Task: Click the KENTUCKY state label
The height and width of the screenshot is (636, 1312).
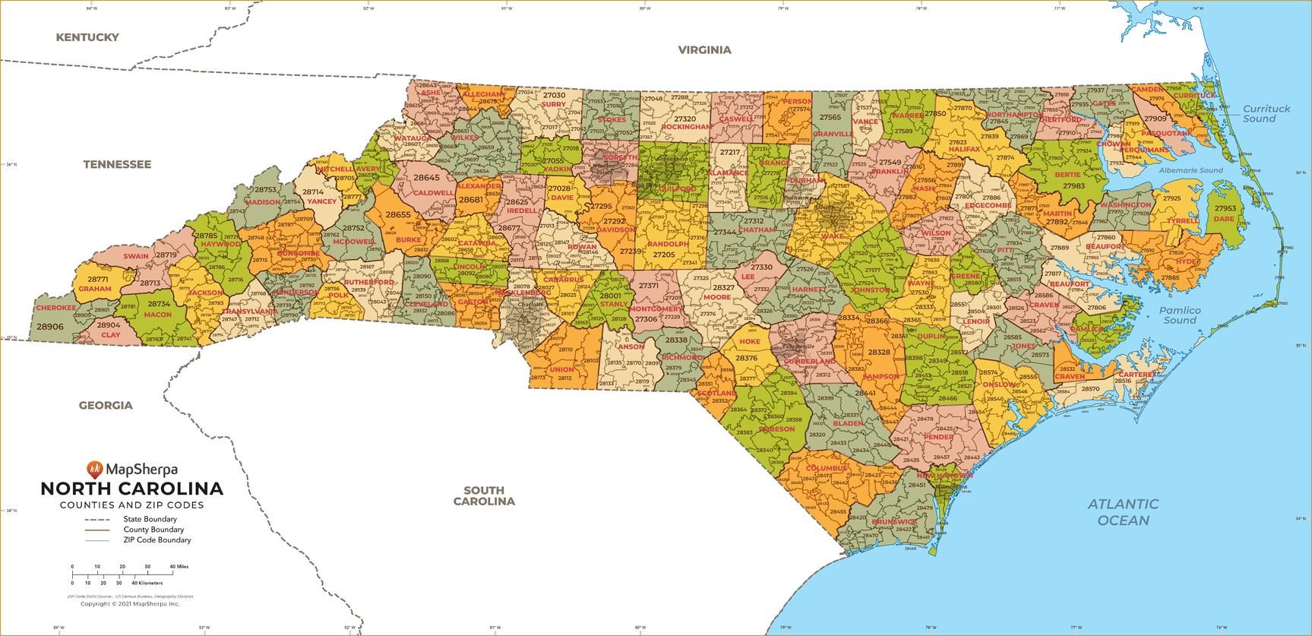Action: pyautogui.click(x=87, y=37)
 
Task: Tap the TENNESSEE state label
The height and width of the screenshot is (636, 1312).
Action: pyautogui.click(x=117, y=164)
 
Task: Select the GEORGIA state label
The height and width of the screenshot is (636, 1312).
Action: pyautogui.click(x=106, y=405)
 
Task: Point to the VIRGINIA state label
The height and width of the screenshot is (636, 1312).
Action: pyautogui.click(x=704, y=50)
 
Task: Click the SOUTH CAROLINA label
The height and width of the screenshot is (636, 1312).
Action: pyautogui.click(x=484, y=495)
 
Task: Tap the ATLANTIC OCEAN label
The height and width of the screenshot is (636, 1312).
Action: pyautogui.click(x=1123, y=511)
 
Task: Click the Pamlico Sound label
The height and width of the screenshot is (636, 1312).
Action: pyautogui.click(x=1180, y=315)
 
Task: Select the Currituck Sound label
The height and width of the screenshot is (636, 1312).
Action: pyautogui.click(x=1266, y=113)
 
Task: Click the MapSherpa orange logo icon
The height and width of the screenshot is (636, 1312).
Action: pyautogui.click(x=95, y=469)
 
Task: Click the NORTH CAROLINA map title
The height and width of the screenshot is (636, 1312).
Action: pyautogui.click(x=131, y=488)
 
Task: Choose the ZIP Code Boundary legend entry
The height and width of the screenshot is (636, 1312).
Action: pyautogui.click(x=156, y=540)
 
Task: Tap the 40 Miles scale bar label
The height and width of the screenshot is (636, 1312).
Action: pyautogui.click(x=179, y=567)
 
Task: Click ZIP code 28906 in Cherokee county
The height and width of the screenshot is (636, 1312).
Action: pyautogui.click(x=49, y=326)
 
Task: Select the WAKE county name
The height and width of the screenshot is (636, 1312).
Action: pyautogui.click(x=832, y=236)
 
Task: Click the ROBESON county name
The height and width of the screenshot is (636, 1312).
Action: pyautogui.click(x=776, y=429)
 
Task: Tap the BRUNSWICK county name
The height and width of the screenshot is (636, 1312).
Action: pyautogui.click(x=894, y=522)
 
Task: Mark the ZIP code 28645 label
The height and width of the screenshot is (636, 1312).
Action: pyautogui.click(x=426, y=177)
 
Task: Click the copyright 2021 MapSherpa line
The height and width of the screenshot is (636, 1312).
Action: pyautogui.click(x=129, y=603)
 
